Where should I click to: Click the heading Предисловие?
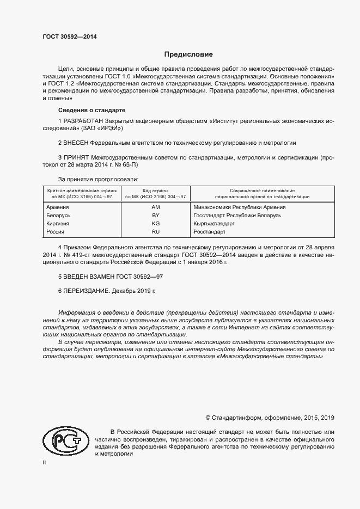click(x=189, y=54)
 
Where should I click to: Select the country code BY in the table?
click(x=155, y=216)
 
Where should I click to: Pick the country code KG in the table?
click(x=155, y=224)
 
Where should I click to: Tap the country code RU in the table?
click(x=155, y=232)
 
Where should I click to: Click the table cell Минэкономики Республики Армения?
click(x=240, y=207)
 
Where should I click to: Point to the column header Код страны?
click(x=155, y=191)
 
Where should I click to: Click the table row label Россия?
click(x=56, y=232)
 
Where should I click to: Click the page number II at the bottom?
click(x=45, y=462)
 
